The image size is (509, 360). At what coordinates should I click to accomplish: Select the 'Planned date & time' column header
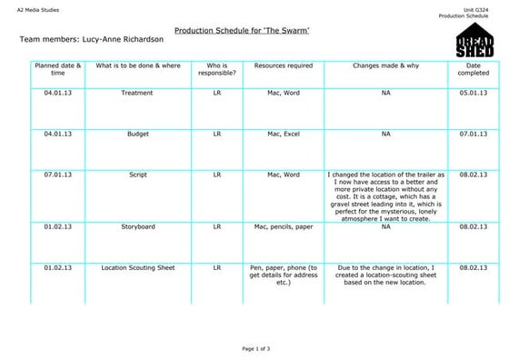[57, 70]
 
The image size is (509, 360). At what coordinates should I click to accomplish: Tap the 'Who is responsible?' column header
[216, 70]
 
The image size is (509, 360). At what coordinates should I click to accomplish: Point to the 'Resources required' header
[284, 66]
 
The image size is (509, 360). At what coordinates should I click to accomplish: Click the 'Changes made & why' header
[385, 66]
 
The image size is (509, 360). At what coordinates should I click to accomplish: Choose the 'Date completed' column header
[474, 70]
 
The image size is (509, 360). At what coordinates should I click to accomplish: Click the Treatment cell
[137, 93]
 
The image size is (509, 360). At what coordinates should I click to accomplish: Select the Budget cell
[137, 134]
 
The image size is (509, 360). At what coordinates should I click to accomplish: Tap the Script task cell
[137, 175]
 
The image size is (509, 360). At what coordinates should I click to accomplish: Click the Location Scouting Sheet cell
[137, 268]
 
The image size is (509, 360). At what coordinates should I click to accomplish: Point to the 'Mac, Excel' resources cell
[284, 134]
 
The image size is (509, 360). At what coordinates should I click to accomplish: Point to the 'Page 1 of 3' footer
[255, 348]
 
